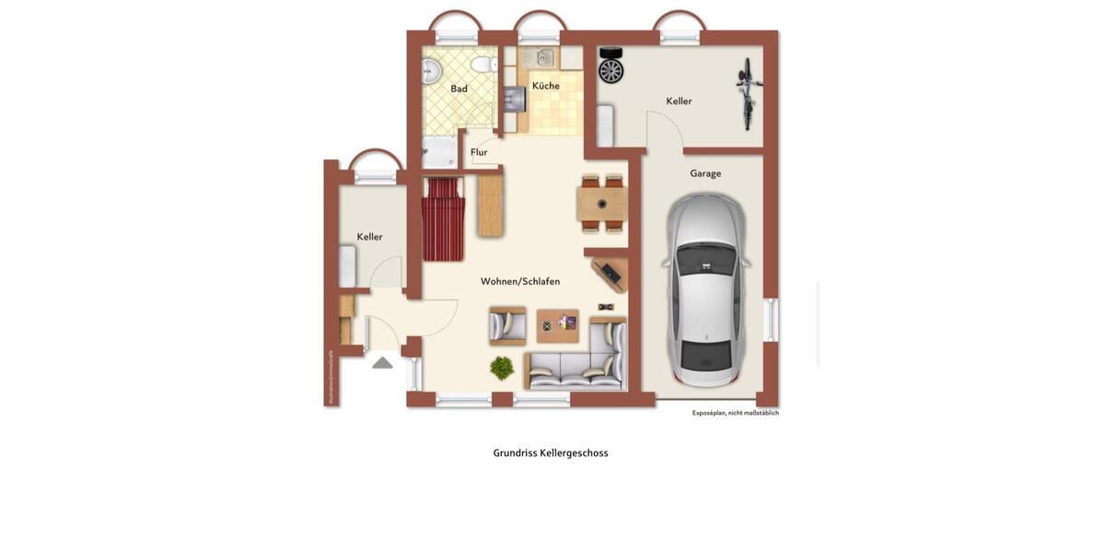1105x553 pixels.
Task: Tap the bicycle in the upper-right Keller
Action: [x=748, y=93]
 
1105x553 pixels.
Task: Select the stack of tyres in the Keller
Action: [x=611, y=65]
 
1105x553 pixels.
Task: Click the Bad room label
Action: [x=459, y=89]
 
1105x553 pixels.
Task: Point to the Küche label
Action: [x=545, y=86]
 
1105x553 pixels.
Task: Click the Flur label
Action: [x=479, y=152]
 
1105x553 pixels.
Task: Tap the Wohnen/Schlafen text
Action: [x=519, y=281]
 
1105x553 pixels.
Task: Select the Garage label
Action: [x=705, y=173]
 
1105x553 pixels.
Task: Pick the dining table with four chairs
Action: [x=601, y=204]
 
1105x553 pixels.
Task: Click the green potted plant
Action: [x=502, y=368]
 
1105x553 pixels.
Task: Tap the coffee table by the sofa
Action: [x=557, y=324]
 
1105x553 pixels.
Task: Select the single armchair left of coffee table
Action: [x=507, y=324]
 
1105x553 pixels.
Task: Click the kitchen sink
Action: [x=542, y=58]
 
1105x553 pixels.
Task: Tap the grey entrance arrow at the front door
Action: [x=382, y=363]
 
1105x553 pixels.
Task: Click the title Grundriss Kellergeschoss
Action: [x=551, y=453]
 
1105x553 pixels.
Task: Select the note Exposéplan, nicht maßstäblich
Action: [x=735, y=413]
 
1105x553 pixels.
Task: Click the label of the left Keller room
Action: [x=369, y=237]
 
